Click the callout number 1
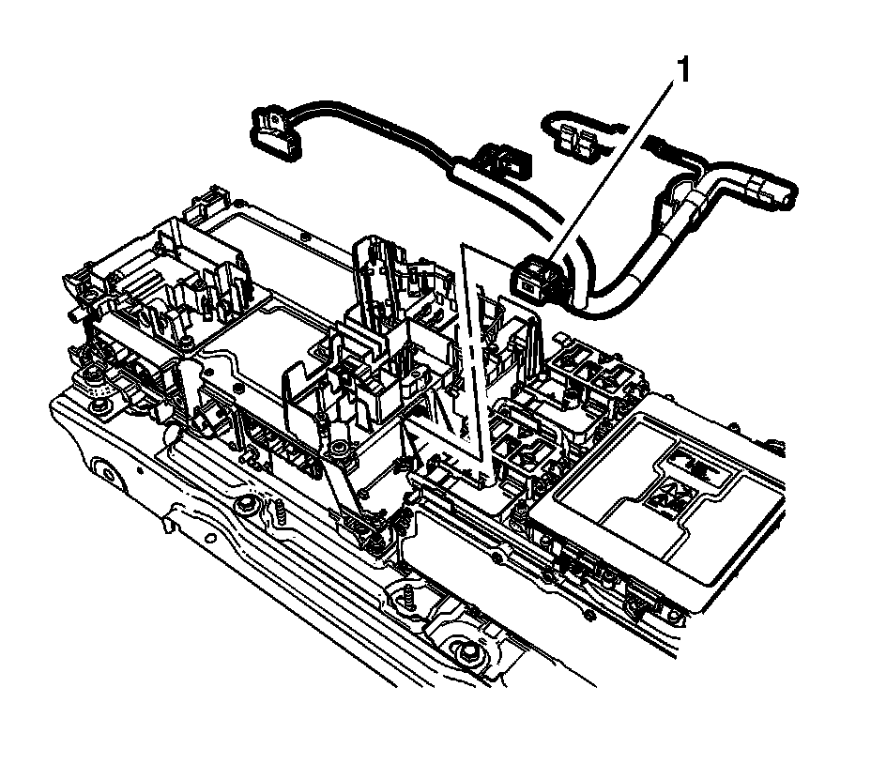682,70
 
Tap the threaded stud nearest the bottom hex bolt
408,598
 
